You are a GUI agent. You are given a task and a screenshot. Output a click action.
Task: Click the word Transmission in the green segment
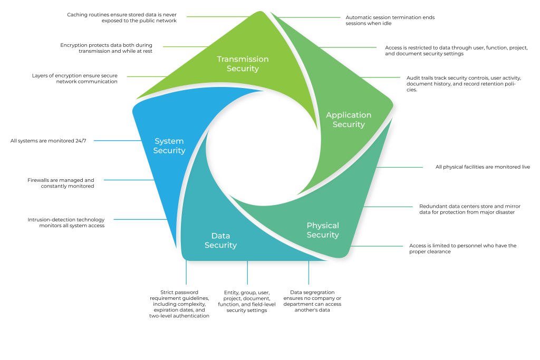pos(243,59)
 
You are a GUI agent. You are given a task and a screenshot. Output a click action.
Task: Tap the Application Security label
pos(349,120)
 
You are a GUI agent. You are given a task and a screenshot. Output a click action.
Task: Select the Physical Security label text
pos(323,230)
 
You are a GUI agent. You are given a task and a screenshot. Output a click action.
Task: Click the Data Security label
pos(220,240)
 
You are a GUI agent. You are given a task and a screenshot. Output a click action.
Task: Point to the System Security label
pos(169,146)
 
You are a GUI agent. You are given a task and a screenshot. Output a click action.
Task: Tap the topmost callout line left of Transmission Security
pos(216,16)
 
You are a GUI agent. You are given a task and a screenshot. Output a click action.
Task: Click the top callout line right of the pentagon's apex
pos(311,17)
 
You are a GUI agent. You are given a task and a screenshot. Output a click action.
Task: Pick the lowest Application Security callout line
pos(381,77)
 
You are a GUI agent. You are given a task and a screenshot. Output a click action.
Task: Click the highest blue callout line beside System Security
pos(116,141)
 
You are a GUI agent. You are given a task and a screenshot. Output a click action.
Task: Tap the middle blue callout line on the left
pos(128,180)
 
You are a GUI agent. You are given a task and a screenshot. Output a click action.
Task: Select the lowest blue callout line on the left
pos(139,219)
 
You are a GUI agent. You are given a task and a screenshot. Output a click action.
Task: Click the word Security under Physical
pos(323,235)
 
